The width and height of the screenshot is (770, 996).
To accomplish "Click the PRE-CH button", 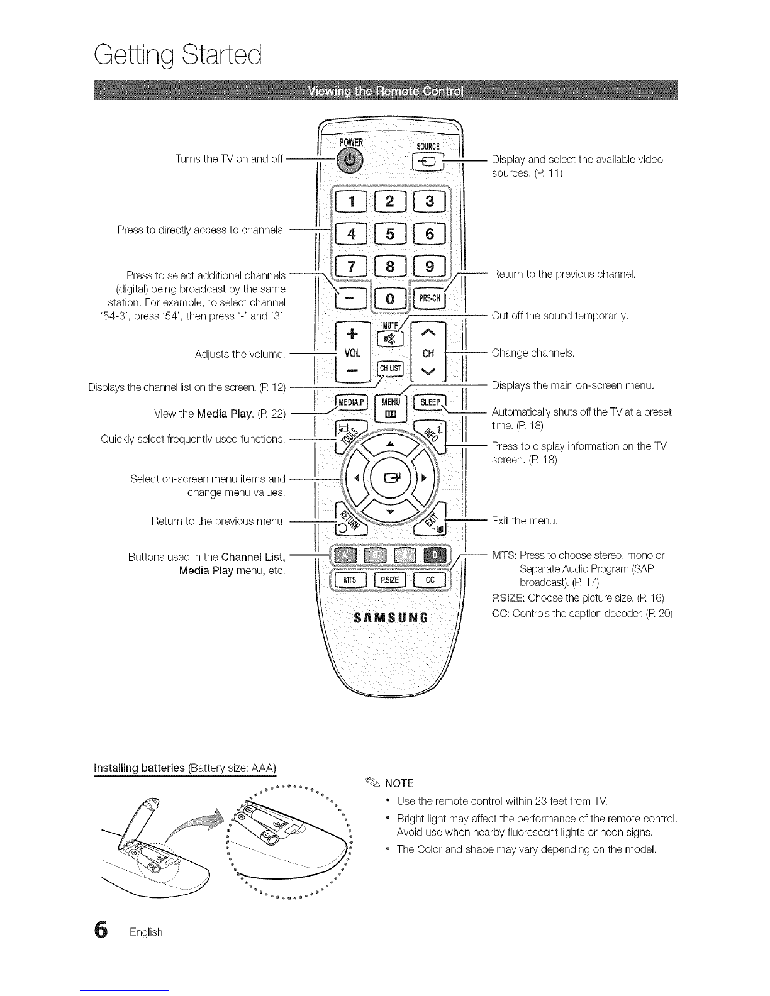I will (x=429, y=297).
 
